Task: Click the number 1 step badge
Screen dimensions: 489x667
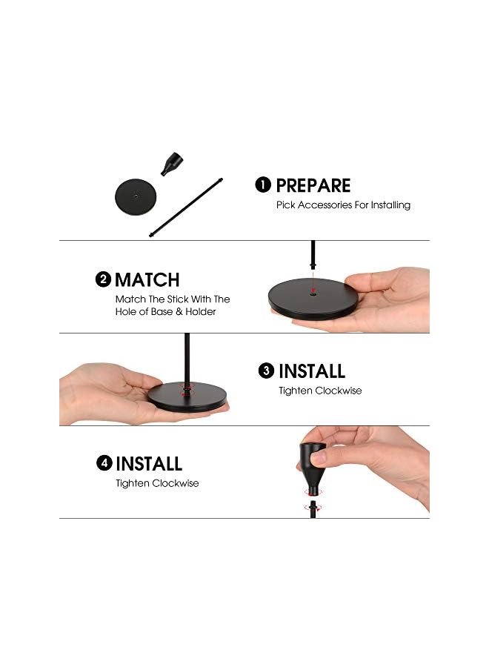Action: (263, 185)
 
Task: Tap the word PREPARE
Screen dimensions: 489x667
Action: (313, 185)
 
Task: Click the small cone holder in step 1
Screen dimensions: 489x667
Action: (171, 163)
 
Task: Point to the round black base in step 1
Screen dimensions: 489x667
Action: (136, 197)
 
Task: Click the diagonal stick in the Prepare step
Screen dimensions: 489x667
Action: (186, 208)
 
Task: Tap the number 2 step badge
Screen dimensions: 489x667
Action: (103, 279)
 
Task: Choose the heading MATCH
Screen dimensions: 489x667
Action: (147, 280)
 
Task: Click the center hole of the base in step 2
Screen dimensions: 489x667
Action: (313, 293)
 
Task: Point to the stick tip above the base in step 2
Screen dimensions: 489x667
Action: (313, 267)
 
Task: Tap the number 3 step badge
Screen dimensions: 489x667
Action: (266, 371)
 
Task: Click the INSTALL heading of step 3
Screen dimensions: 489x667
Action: (312, 371)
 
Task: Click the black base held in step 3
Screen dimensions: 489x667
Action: (187, 397)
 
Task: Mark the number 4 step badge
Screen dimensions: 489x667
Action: (104, 462)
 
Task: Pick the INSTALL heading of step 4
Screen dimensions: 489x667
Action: (149, 464)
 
